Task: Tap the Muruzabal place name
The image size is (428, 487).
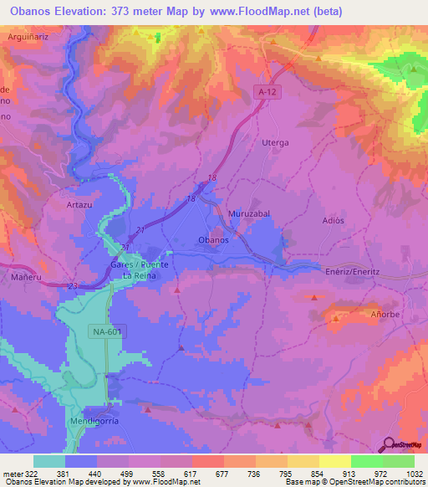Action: click(x=246, y=214)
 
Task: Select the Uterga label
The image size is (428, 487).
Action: click(x=276, y=143)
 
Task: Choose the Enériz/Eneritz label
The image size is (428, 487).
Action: click(x=352, y=271)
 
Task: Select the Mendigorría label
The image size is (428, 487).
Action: click(x=90, y=421)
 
